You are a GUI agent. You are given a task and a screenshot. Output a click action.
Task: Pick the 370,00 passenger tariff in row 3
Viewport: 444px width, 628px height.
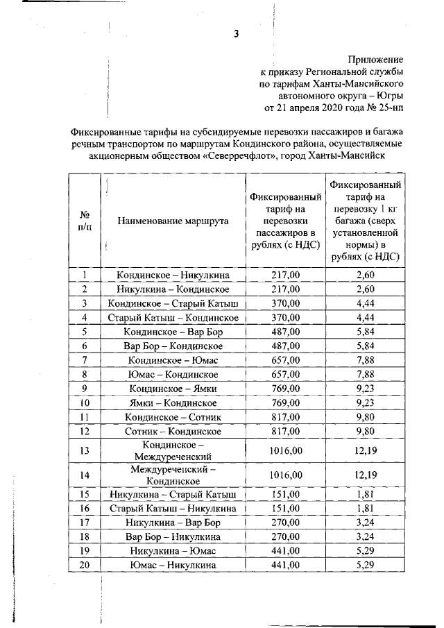(285, 303)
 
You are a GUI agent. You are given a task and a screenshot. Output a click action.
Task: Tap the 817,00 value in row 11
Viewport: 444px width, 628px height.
(285, 416)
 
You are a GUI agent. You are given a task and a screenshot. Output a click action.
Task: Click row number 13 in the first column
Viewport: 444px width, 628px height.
(85, 450)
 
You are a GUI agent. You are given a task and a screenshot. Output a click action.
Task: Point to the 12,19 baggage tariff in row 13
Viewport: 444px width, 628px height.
(365, 450)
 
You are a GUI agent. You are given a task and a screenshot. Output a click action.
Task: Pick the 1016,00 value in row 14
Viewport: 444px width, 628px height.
(285, 475)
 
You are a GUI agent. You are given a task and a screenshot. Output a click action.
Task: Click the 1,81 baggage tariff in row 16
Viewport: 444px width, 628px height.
(365, 509)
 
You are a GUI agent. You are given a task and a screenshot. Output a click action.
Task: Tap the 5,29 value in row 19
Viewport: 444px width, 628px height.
(365, 550)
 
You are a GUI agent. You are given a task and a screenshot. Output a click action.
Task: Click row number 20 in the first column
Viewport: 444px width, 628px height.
(85, 565)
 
